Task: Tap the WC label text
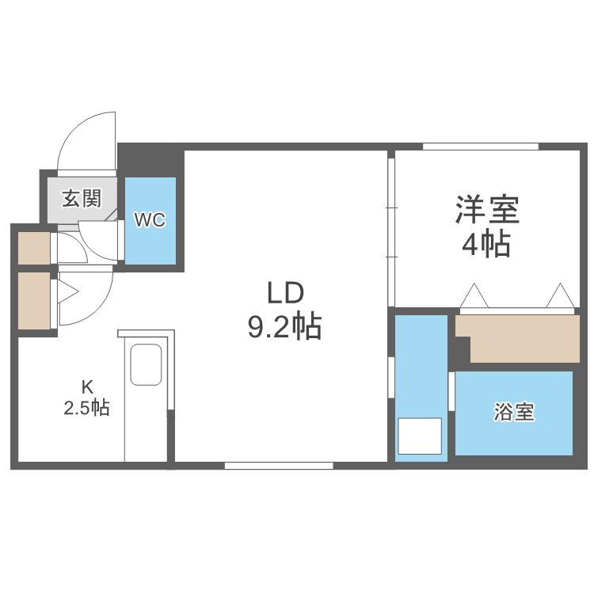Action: (x=150, y=220)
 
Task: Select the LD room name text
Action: (x=285, y=294)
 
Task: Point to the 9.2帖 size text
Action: (x=285, y=326)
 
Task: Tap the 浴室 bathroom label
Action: (x=514, y=412)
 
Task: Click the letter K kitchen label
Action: (x=87, y=387)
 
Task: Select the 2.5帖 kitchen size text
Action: (x=87, y=409)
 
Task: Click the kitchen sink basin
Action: (x=147, y=364)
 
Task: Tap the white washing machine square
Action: (x=419, y=436)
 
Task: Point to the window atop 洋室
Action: (x=480, y=147)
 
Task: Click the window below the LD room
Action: (x=278, y=466)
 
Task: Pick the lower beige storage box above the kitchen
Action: (x=34, y=301)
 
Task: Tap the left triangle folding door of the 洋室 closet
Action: (x=475, y=297)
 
